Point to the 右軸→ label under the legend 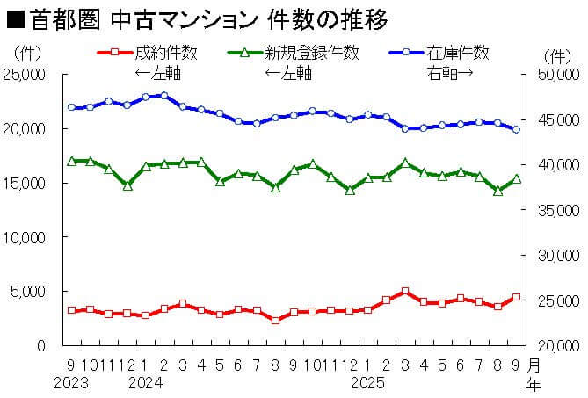pyautogui.click(x=451, y=71)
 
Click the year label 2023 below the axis pyautogui.click(x=71, y=383)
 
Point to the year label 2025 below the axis pyautogui.click(x=368, y=383)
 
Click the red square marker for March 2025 pyautogui.click(x=405, y=292)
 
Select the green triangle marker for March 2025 pyautogui.click(x=405, y=163)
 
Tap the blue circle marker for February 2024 pyautogui.click(x=164, y=95)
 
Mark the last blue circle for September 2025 pyautogui.click(x=516, y=129)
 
